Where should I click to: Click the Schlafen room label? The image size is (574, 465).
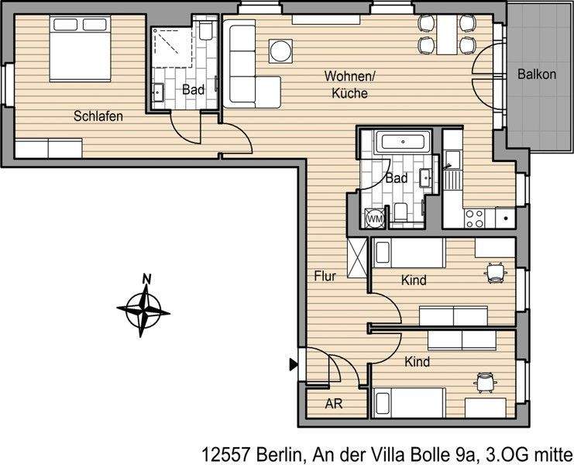(98, 116)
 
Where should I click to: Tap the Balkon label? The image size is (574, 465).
(537, 75)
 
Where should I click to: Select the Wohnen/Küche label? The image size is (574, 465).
(349, 84)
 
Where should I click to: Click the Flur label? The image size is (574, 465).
(324, 276)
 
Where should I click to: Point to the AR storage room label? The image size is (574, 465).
(333, 404)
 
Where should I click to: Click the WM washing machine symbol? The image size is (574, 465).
(375, 219)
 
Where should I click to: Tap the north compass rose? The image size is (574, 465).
(143, 310)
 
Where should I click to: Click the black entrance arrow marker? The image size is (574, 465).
(294, 363)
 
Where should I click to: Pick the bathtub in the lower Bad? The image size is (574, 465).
(401, 143)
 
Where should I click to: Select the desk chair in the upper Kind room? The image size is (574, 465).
(495, 270)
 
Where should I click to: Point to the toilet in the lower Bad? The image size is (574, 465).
(402, 211)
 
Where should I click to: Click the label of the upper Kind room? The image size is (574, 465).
(414, 281)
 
